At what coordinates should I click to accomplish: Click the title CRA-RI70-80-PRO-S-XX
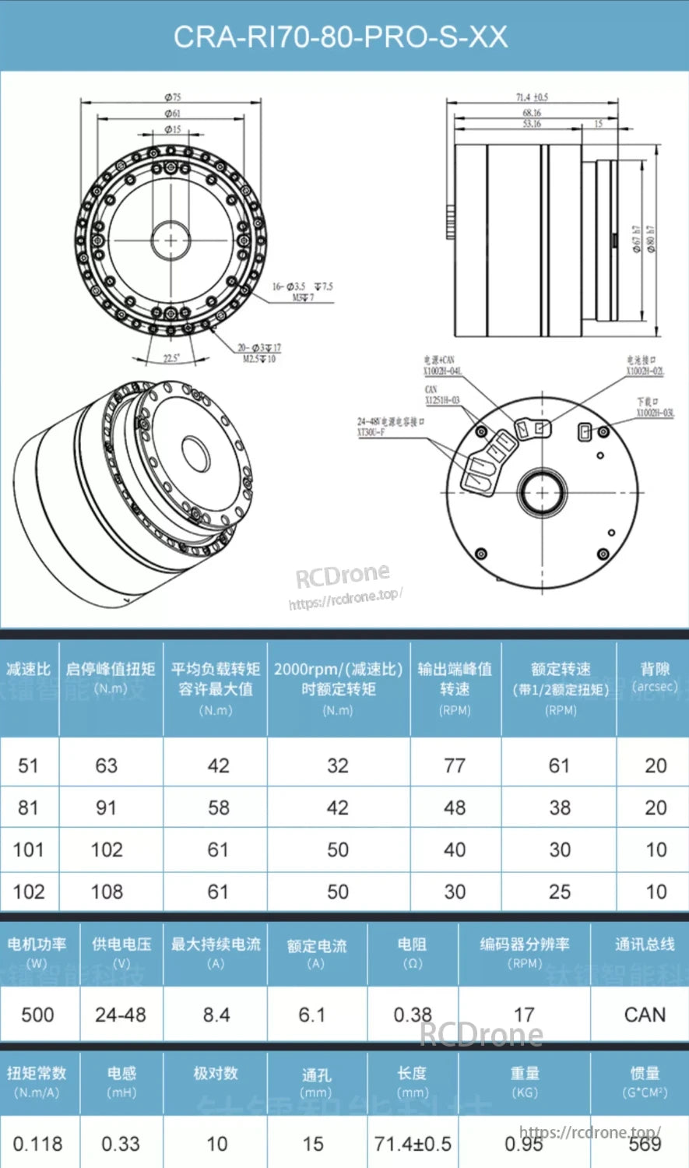click(x=340, y=37)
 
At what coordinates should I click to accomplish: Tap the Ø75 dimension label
click(x=172, y=97)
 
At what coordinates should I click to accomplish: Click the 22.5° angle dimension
click(x=170, y=358)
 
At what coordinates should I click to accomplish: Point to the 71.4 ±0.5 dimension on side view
click(x=532, y=97)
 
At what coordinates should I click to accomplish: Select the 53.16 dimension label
click(x=532, y=124)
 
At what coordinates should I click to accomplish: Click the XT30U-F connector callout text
click(x=371, y=432)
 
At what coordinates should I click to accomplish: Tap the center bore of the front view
click(x=170, y=240)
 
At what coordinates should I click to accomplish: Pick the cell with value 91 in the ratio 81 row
click(x=107, y=807)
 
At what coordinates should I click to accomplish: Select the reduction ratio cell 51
click(x=28, y=765)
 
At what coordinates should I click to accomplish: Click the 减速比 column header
click(x=28, y=669)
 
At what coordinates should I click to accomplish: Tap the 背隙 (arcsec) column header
click(x=655, y=677)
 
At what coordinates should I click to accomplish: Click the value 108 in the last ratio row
click(x=107, y=892)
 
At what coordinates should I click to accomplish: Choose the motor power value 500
click(x=37, y=1015)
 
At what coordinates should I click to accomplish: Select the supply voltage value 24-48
click(x=121, y=1015)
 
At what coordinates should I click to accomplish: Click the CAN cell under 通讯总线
click(x=645, y=1015)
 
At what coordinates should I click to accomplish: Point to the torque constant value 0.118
click(x=37, y=1144)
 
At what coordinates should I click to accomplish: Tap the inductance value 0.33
click(x=121, y=1144)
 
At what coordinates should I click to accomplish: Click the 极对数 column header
click(x=216, y=1074)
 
